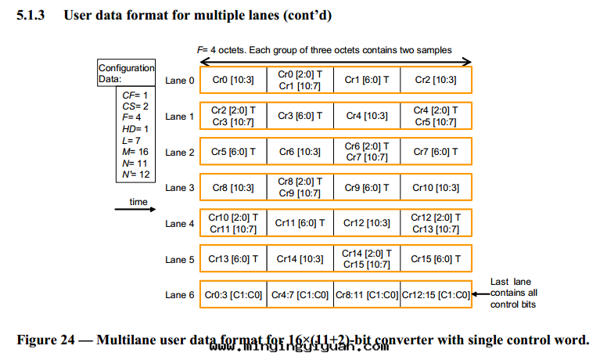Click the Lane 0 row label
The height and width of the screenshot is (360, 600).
coord(180,80)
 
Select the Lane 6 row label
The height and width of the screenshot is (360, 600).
coord(180,295)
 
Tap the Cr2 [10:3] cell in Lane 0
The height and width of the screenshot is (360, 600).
coord(436,80)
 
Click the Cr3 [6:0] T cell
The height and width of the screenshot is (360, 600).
coord(300,116)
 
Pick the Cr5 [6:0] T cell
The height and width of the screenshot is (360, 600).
coord(233,152)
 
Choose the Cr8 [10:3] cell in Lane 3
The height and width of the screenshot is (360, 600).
coord(233,188)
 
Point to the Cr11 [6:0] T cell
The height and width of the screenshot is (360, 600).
coord(300,224)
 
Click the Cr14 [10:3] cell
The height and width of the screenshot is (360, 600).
coord(300,259)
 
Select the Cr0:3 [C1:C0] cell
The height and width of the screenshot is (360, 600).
coord(233,295)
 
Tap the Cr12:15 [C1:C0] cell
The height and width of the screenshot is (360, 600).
coord(436,295)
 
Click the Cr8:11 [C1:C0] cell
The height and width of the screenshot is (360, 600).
coord(368,295)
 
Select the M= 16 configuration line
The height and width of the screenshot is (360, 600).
coord(135,152)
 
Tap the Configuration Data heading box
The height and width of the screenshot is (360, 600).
coord(127,74)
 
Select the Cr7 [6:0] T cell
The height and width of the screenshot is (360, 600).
coord(436,152)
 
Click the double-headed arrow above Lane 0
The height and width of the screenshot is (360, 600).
coord(336,62)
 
